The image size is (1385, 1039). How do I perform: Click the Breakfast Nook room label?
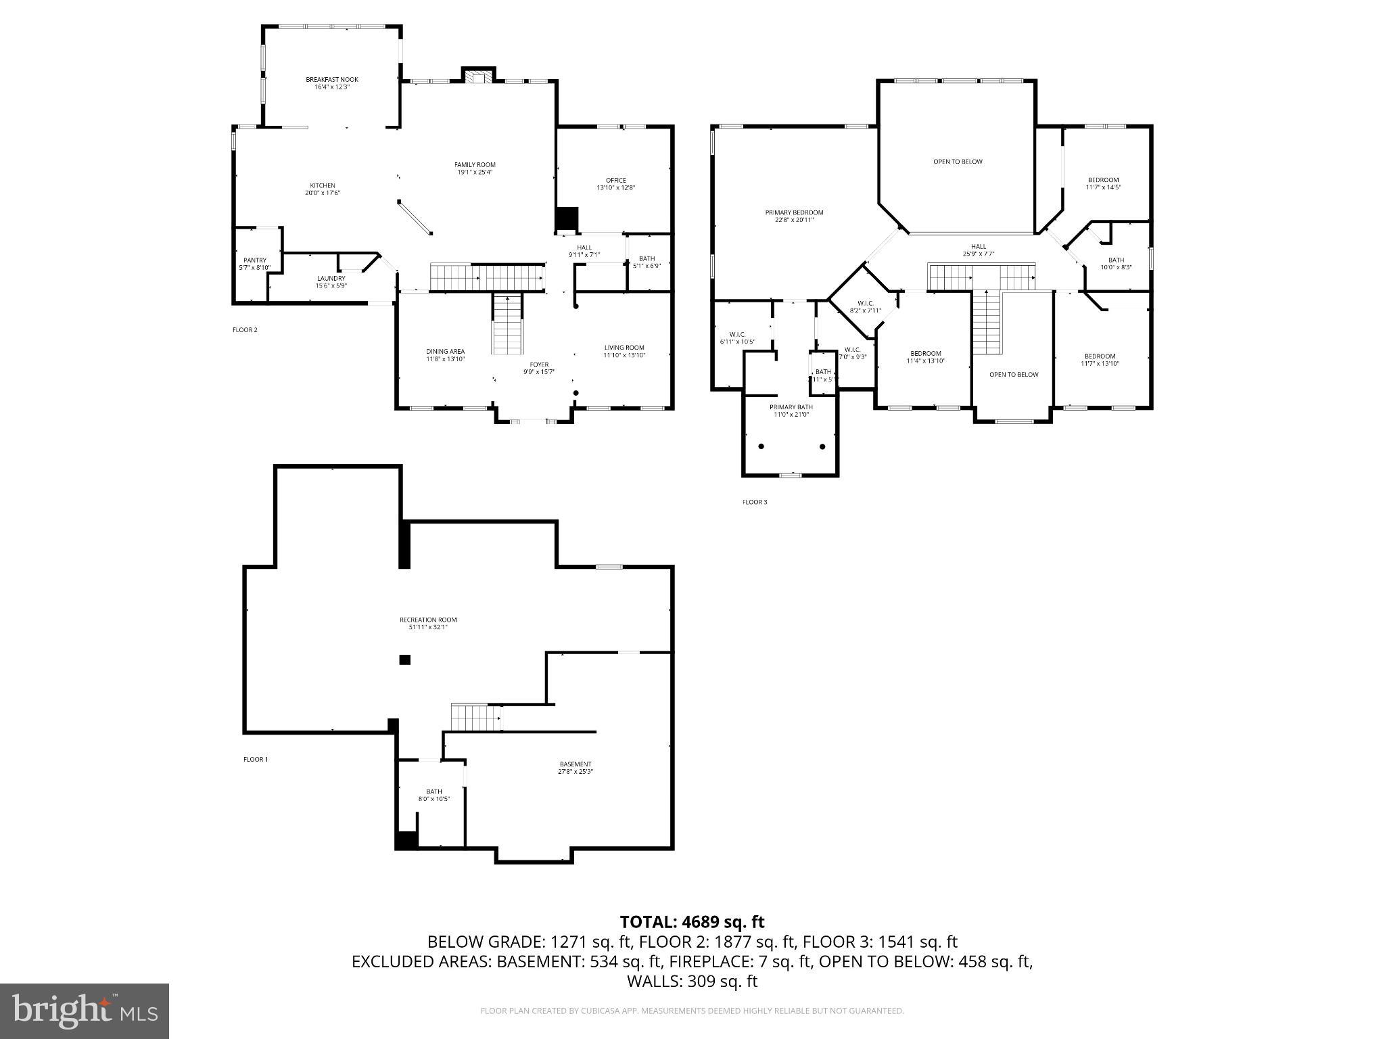(x=331, y=80)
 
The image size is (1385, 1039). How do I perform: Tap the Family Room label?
(x=475, y=165)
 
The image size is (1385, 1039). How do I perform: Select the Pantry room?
(x=255, y=264)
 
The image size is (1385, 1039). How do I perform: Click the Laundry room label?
(x=331, y=279)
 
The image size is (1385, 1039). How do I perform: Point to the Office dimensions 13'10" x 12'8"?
(x=615, y=188)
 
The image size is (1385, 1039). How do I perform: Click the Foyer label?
(x=539, y=365)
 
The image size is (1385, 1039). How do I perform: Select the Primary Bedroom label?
(x=794, y=212)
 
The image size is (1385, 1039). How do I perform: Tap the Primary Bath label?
(x=791, y=407)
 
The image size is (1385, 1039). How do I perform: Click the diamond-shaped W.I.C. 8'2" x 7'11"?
(x=865, y=307)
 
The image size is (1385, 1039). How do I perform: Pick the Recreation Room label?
(x=427, y=620)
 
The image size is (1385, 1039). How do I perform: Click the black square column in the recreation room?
(x=404, y=660)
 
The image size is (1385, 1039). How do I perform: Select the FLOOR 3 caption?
(x=755, y=503)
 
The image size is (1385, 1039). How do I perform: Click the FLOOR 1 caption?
(x=256, y=760)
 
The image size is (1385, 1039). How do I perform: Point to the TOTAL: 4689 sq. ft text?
(x=692, y=922)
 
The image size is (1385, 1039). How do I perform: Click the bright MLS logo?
(x=85, y=1011)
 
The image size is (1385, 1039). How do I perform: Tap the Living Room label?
(x=624, y=348)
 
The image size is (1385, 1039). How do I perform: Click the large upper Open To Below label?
(x=958, y=162)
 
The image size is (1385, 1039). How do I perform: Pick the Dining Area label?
(x=445, y=352)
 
